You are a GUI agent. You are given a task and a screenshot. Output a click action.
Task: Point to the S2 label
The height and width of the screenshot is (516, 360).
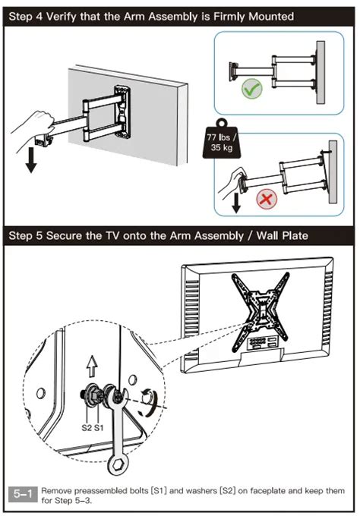(86, 427)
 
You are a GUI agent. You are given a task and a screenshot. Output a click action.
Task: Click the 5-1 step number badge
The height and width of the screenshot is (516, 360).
(24, 495)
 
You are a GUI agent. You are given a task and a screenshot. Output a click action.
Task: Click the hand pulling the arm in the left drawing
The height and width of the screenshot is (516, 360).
(33, 123)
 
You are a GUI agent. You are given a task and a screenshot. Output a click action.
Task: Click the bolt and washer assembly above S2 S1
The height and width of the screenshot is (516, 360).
(92, 397)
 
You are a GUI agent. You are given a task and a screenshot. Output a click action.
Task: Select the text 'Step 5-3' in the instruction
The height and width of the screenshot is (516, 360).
(68, 500)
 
